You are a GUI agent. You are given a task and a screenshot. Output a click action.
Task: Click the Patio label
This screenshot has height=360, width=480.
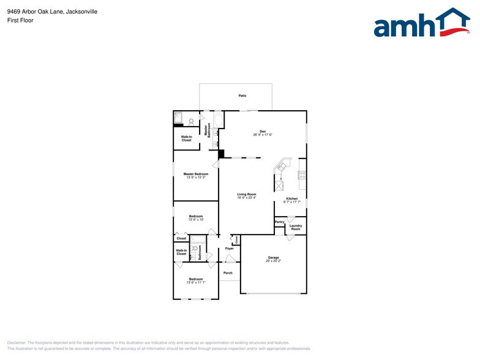pos(242,96)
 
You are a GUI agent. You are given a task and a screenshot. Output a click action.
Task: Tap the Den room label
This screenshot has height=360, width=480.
pos(262,132)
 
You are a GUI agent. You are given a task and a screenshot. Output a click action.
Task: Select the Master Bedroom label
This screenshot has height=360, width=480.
pos(196,174)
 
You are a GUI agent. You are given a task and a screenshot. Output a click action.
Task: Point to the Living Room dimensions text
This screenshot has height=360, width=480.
pos(246,198)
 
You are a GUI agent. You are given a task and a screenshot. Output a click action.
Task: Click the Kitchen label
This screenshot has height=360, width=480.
pos(291,198)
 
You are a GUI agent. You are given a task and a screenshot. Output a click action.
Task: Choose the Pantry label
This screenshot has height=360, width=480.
pos(279,222)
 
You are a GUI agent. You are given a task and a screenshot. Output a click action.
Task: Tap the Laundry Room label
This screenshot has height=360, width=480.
pos(296,227)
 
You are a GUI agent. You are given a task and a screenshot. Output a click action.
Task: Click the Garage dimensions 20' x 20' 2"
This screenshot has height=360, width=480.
pos(273,261)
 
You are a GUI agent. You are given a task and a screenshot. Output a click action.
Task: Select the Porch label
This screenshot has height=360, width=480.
pos(228,272)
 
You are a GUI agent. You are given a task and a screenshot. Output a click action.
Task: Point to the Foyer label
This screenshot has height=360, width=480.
pos(229,249)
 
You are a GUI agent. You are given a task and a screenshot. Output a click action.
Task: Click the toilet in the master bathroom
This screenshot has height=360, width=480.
pos(192,121)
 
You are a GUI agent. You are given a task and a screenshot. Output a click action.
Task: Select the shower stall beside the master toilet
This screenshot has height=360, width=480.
pos(179,118)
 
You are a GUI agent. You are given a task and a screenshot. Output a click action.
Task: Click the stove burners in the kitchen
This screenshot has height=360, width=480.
pos(302,175)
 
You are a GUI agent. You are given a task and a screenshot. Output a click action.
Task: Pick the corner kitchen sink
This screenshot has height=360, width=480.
pos(282,165)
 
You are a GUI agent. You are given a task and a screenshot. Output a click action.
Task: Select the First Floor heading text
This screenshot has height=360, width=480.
pos(20,20)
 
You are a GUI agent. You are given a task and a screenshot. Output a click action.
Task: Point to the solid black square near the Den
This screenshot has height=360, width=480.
pos(222,154)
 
